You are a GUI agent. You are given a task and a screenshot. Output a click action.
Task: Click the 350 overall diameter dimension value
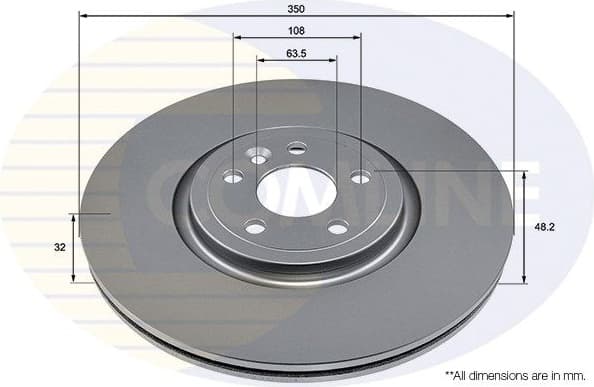pos(295,9)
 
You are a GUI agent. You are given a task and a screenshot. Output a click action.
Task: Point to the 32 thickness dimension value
pos(61,246)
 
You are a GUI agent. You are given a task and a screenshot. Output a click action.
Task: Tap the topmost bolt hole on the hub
pos(296,149)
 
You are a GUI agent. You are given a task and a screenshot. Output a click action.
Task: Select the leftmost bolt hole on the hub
pos(232,178)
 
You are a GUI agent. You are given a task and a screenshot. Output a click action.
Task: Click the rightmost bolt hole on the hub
pos(360,178)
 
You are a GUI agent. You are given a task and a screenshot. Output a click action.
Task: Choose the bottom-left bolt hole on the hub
pos(255,228)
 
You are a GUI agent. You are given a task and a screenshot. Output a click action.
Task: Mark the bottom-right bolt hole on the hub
pos(338,227)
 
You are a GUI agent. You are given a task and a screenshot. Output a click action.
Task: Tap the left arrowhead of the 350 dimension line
pos(83,17)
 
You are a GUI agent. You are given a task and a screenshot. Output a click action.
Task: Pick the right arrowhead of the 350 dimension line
pos(513,17)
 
